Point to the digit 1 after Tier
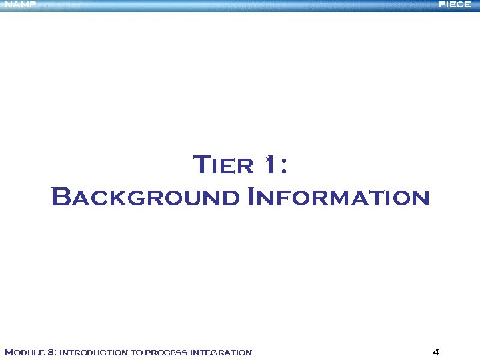pyautogui.click(x=268, y=165)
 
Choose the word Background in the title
pyautogui.click(x=145, y=198)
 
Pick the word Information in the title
pyautogui.click(x=338, y=198)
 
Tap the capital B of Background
pyautogui.click(x=61, y=197)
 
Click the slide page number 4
pyautogui.click(x=435, y=352)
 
